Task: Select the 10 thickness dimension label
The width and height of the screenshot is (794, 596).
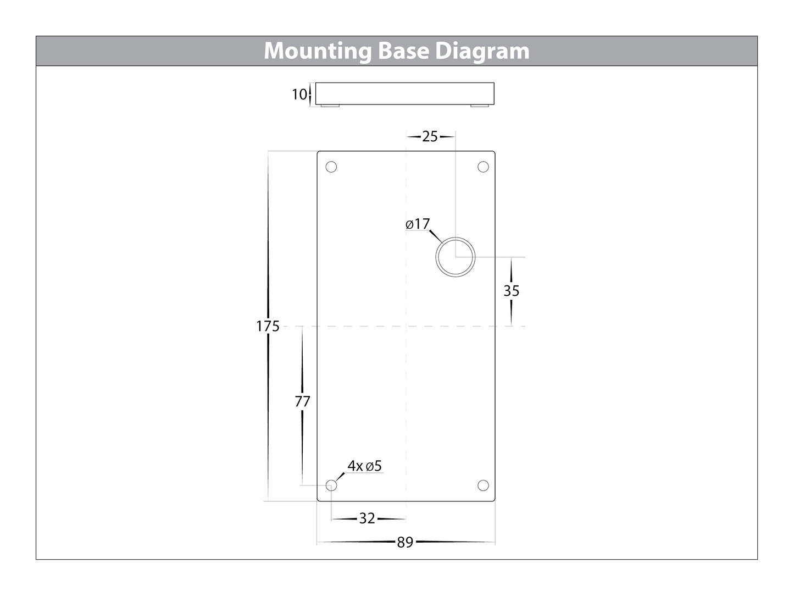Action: pyautogui.click(x=299, y=95)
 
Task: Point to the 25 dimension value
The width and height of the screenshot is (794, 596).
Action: pyautogui.click(x=430, y=136)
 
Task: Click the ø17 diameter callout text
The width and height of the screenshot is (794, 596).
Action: pyautogui.click(x=418, y=224)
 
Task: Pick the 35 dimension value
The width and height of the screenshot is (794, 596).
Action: pyautogui.click(x=512, y=291)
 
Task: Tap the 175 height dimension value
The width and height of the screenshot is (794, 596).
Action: pyautogui.click(x=268, y=327)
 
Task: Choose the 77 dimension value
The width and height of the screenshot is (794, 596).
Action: pyautogui.click(x=302, y=402)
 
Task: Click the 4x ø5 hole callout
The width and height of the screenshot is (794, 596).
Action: pyautogui.click(x=364, y=466)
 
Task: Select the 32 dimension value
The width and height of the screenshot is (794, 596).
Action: pyautogui.click(x=367, y=518)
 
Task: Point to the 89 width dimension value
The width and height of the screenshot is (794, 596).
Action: pyautogui.click(x=405, y=543)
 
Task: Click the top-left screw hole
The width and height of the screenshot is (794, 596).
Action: pyautogui.click(x=331, y=167)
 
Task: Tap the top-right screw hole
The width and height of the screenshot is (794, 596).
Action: pyautogui.click(x=483, y=167)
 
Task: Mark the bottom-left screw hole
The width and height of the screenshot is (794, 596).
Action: pyautogui.click(x=331, y=485)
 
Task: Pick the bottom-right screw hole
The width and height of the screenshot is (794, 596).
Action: pyautogui.click(x=483, y=485)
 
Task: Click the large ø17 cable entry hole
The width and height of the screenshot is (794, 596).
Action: pyautogui.click(x=456, y=257)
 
